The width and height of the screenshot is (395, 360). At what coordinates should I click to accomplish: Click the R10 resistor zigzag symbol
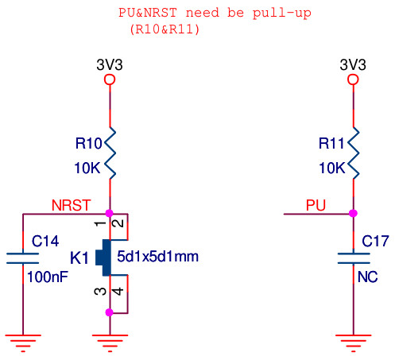tap(110, 153)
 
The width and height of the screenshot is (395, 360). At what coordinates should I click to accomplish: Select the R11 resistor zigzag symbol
tap(354, 153)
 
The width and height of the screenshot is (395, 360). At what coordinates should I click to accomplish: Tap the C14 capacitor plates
tap(23, 258)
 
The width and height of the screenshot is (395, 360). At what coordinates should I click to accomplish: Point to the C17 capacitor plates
tap(354, 258)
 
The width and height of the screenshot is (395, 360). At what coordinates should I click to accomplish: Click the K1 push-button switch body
tap(104, 257)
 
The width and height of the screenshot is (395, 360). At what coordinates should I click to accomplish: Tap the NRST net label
tap(72, 205)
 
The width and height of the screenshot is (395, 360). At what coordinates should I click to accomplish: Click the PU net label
tap(316, 205)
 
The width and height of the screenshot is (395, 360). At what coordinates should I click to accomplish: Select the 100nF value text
tap(48, 277)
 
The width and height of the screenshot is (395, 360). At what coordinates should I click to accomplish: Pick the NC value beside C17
tap(367, 277)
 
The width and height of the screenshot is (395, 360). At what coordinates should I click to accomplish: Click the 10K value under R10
tap(87, 168)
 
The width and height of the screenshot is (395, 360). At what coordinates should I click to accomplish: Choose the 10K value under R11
tap(332, 168)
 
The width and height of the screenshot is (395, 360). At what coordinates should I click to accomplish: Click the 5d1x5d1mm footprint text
tap(157, 257)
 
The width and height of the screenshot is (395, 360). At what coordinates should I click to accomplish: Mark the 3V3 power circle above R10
tap(110, 79)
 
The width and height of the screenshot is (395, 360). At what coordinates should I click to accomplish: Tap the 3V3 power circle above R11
tap(353, 79)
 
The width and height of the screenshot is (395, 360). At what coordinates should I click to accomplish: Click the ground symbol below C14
tap(23, 343)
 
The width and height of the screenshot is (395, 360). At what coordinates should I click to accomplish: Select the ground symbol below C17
tap(354, 343)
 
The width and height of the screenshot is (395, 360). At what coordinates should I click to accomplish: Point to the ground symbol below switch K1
tap(110, 343)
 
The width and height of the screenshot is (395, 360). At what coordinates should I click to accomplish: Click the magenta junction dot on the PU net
tap(353, 213)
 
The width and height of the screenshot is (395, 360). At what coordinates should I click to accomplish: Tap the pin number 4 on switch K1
tap(118, 292)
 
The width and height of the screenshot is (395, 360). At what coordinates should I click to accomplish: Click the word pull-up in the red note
tap(282, 14)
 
